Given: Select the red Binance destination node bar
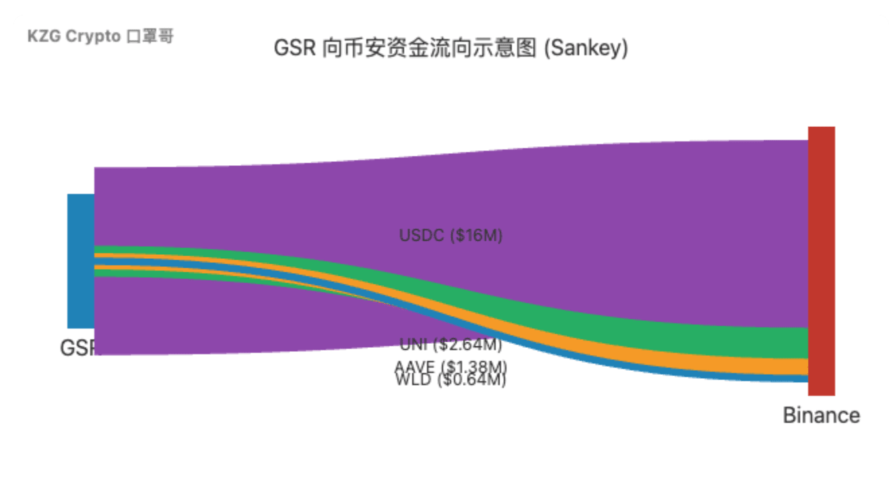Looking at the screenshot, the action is [821, 260].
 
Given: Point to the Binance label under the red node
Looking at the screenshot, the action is [821, 415].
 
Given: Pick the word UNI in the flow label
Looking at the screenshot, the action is [413, 345].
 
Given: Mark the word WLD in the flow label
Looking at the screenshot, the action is [411, 380].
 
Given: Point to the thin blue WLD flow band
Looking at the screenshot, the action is [774, 378].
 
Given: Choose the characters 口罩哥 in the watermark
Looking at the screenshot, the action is [150, 37].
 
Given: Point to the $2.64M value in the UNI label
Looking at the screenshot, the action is [468, 345].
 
